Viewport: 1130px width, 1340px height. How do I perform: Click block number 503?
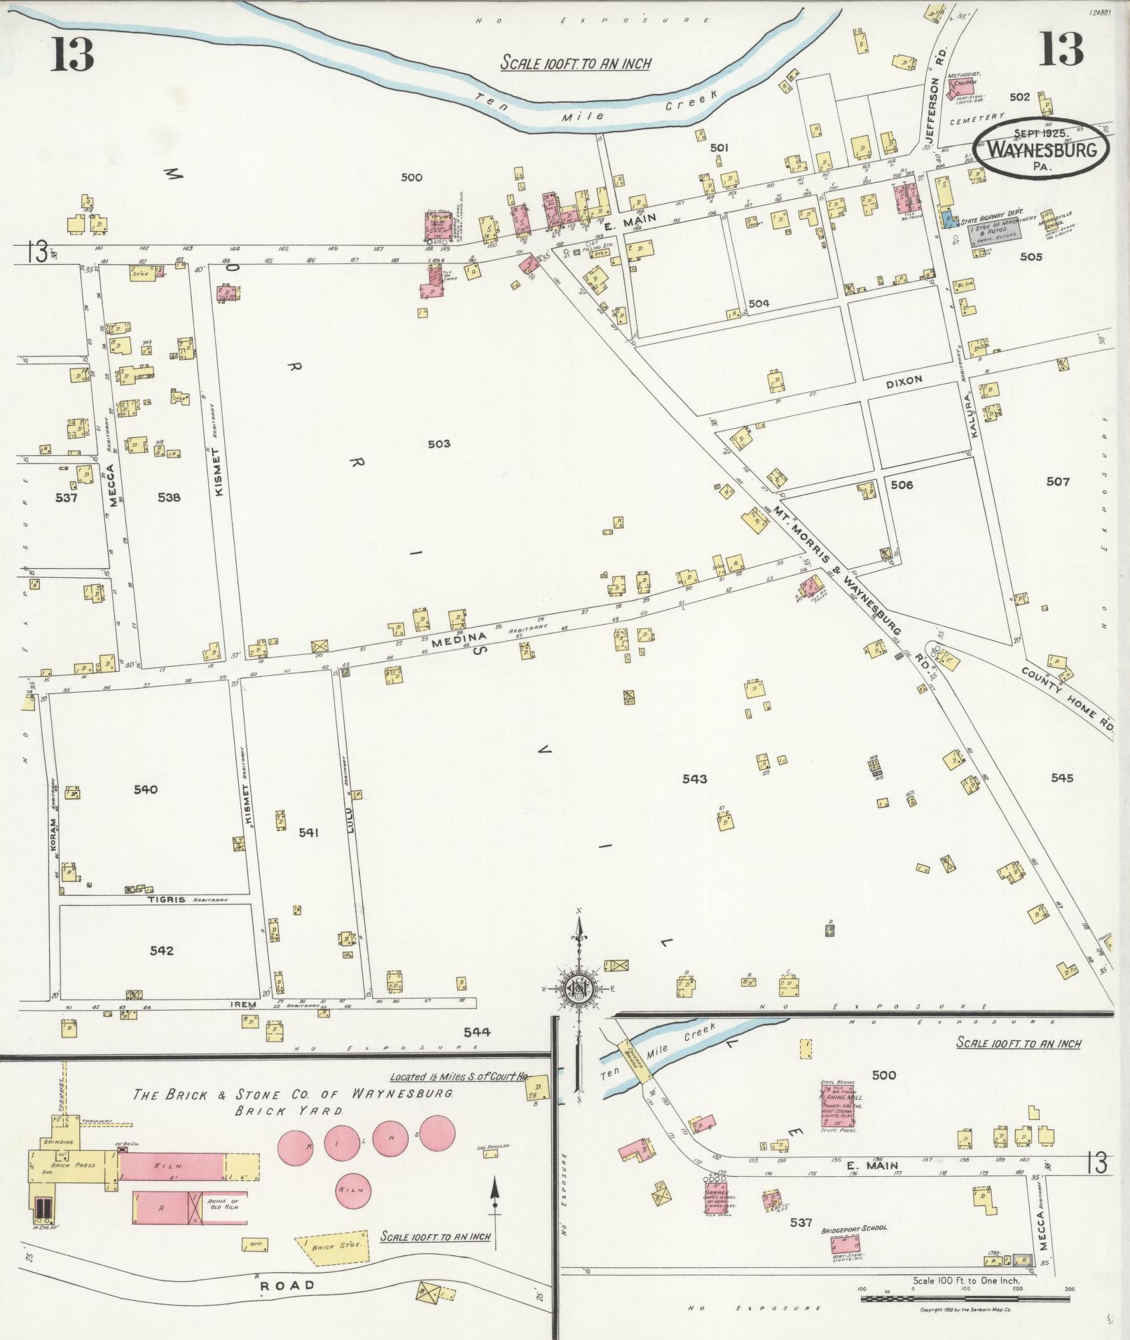pos(439,443)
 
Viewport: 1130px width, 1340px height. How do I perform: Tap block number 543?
pos(694,778)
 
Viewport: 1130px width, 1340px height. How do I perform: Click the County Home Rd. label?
pos(1067,700)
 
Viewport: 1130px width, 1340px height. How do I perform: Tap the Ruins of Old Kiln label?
pos(223,1205)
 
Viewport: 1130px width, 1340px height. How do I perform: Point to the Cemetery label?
pos(977,120)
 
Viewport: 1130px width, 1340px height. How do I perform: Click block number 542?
pos(161,951)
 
